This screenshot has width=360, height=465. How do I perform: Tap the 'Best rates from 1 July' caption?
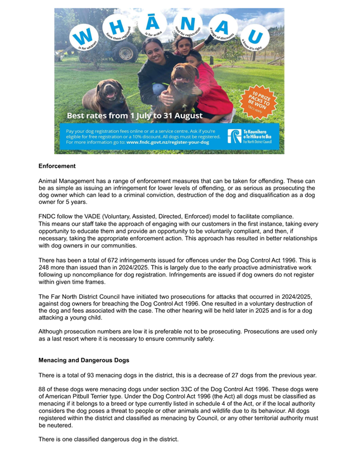click(135, 116)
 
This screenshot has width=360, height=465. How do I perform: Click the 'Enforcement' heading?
click(57, 166)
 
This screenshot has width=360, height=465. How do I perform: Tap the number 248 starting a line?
click(45, 268)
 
